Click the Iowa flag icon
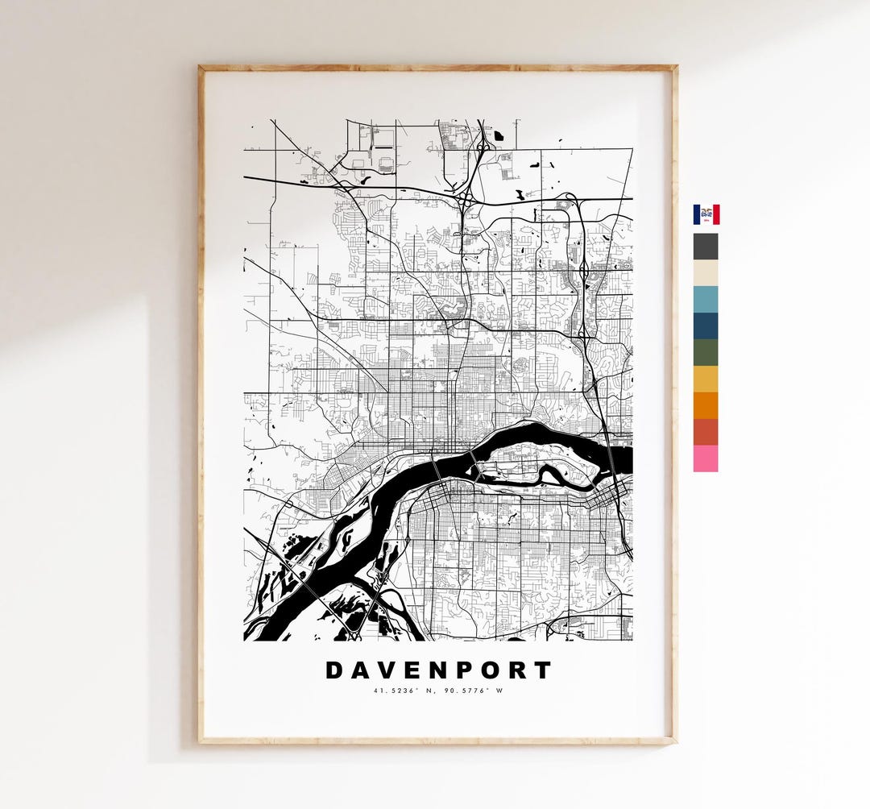coord(706,214)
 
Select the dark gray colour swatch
coord(706,247)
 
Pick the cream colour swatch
coord(706,273)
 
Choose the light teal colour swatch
coord(706,300)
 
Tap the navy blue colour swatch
coord(706,326)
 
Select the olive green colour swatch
coord(706,353)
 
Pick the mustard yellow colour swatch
coord(706,380)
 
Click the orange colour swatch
coord(706,405)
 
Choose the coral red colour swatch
coord(706,432)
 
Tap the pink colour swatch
coord(706,458)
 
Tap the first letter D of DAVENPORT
coord(334,670)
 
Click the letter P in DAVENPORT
coord(465,670)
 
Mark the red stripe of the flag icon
coord(715,214)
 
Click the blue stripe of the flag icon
coord(698,214)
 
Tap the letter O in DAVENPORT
coord(491,670)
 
